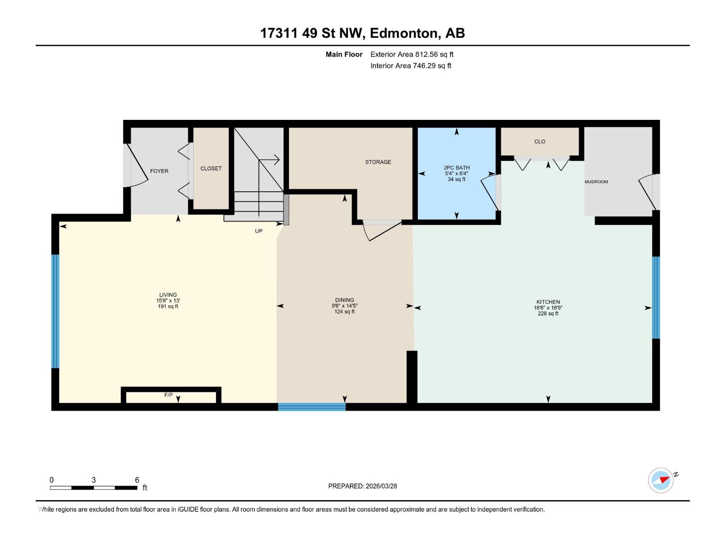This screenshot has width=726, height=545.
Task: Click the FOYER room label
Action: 159,171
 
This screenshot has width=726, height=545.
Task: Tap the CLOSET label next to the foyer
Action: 211,168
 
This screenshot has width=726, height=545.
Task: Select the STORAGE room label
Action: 378,162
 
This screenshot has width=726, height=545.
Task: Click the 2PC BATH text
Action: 456,168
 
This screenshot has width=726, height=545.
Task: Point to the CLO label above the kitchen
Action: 540,142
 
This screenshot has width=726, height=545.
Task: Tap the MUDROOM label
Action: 596,182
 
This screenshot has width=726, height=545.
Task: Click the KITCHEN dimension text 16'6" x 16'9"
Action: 548,308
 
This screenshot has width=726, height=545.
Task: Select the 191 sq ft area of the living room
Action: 168,307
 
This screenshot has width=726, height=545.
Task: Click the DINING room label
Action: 344,300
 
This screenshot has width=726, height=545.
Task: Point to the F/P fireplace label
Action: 168,395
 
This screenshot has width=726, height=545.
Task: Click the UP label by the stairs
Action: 259,231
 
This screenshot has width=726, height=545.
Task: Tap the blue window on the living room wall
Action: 55,311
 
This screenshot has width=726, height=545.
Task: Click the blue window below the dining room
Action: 312,407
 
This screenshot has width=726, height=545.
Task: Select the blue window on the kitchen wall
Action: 656,297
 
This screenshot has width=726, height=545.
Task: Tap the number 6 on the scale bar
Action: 137,480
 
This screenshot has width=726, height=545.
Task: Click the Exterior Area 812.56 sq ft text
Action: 412,54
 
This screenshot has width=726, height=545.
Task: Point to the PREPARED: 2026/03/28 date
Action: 363,486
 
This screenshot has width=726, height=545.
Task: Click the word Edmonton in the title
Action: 404,33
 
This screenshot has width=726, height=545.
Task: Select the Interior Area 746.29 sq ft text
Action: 411,66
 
